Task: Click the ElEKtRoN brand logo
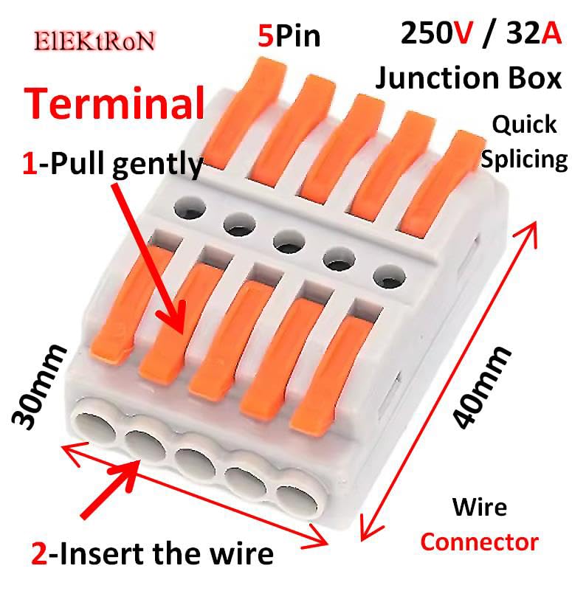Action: pyautogui.click(x=94, y=41)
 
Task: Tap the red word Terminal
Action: pyautogui.click(x=115, y=104)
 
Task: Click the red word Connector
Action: pyautogui.click(x=479, y=543)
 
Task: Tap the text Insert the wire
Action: pyautogui.click(x=166, y=553)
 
